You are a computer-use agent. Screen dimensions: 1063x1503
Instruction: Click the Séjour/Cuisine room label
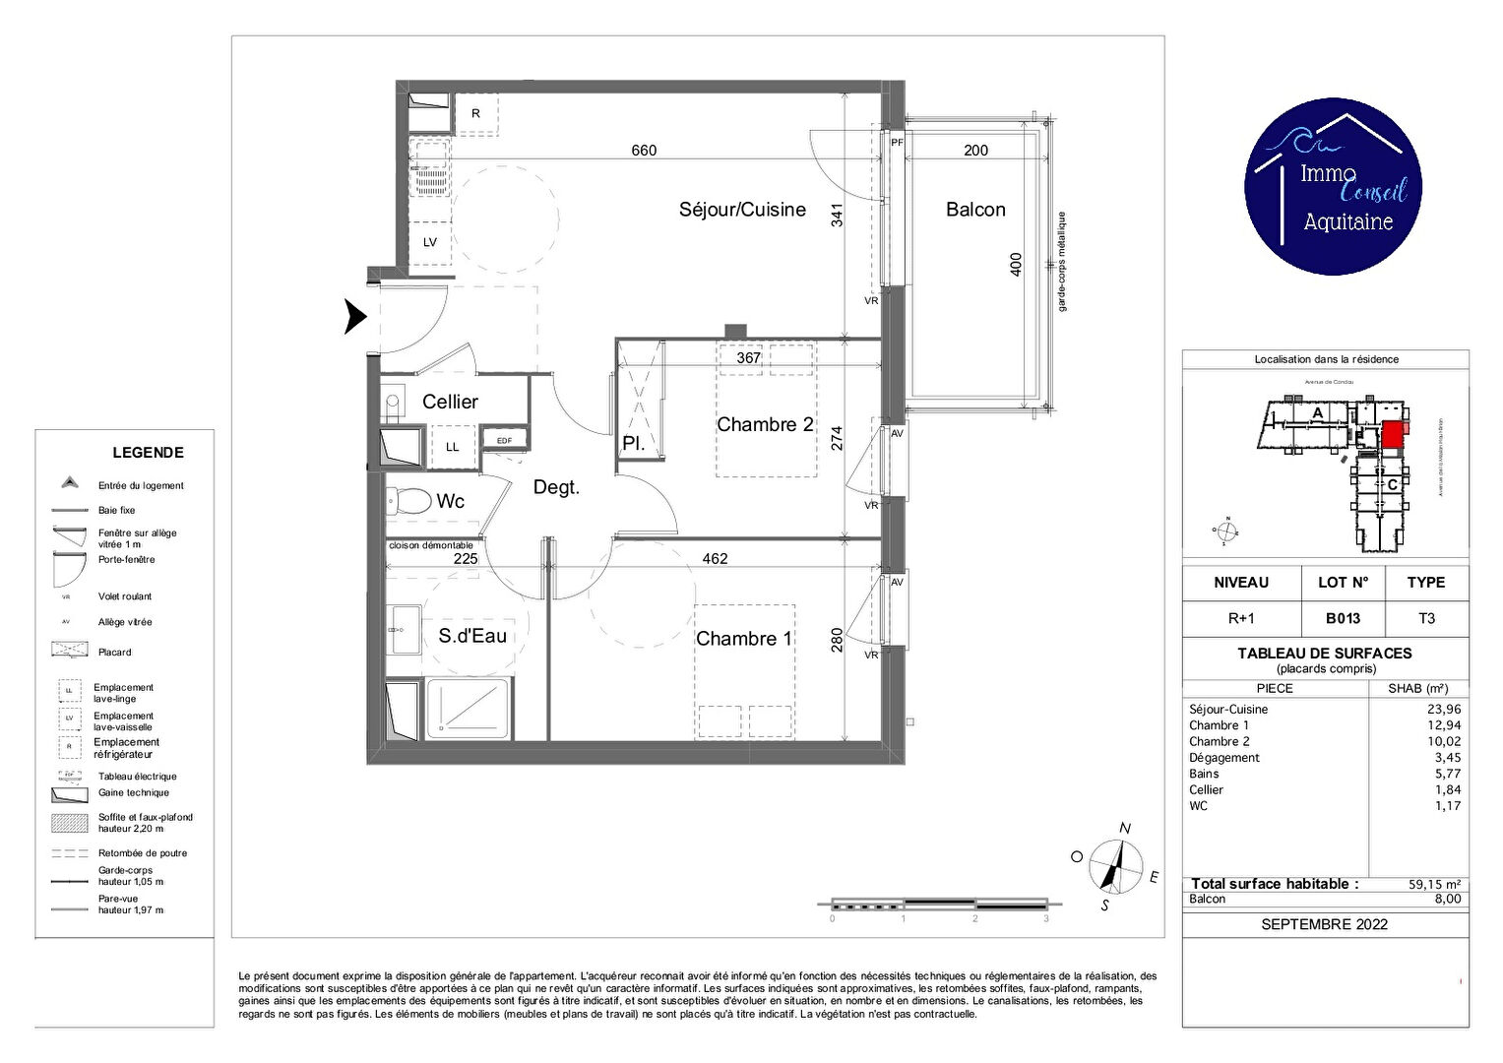742,210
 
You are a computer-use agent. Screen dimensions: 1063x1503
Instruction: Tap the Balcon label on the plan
975,210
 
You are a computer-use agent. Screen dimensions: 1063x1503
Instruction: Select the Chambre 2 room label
765,424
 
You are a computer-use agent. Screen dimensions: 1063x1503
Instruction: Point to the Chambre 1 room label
743,639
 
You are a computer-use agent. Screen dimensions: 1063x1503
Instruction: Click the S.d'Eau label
472,636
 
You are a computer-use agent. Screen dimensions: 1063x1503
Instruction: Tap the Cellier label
450,402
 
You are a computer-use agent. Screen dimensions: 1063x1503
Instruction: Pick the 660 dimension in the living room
644,151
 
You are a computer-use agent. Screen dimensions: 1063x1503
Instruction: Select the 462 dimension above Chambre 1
715,558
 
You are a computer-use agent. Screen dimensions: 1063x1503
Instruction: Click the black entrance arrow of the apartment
355,317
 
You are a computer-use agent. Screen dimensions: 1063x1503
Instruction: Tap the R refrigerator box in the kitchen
475,114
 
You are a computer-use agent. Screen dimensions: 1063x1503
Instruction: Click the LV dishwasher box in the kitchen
430,242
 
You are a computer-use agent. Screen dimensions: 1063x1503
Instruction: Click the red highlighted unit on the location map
1392,434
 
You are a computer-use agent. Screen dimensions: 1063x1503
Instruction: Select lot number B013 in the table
1343,618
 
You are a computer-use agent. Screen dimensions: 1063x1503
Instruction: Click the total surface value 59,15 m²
1434,884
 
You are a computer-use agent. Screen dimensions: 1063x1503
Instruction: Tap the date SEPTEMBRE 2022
1324,924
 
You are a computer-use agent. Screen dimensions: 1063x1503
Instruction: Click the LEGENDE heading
148,453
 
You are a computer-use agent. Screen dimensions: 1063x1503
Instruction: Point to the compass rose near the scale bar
1115,867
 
